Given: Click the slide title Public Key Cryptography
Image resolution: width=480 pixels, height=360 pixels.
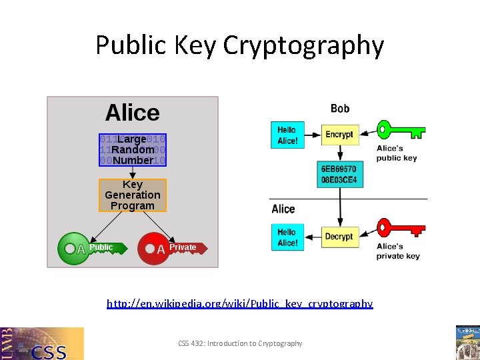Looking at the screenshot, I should pyautogui.click(x=239, y=45).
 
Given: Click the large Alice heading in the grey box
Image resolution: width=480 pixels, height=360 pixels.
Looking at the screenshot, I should pyautogui.click(x=132, y=113).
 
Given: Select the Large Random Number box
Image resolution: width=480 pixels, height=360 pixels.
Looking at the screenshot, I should pyautogui.click(x=132, y=149).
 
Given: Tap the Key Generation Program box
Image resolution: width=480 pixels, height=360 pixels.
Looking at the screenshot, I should pyautogui.click(x=132, y=195).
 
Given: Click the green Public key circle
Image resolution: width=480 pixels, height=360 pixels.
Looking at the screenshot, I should pyautogui.click(x=70, y=248).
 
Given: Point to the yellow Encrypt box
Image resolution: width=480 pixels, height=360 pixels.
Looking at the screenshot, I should pyautogui.click(x=339, y=135).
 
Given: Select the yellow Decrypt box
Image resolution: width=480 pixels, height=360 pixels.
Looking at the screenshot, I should pyautogui.click(x=339, y=237).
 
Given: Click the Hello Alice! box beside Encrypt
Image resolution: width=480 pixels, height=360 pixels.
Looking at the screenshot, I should pyautogui.click(x=287, y=135).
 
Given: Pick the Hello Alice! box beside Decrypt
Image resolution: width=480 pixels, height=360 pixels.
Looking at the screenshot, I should pyautogui.click(x=287, y=237).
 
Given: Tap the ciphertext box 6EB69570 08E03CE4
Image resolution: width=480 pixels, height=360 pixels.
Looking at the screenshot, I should pyautogui.click(x=339, y=175).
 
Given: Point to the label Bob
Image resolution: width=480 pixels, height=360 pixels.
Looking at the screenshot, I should pyautogui.click(x=340, y=108).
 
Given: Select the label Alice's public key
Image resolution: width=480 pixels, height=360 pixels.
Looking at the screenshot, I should pyautogui.click(x=397, y=153).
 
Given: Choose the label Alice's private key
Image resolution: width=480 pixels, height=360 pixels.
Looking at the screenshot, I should pyautogui.click(x=398, y=251).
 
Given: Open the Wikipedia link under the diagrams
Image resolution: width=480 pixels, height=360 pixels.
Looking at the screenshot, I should pyautogui.click(x=240, y=303).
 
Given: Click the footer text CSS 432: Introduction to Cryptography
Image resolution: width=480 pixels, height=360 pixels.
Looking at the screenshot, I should pyautogui.click(x=240, y=343).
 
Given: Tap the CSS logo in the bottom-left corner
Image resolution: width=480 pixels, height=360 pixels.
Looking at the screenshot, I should pyautogui.click(x=42, y=343).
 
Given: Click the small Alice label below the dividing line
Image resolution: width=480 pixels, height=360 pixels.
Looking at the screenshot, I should pyautogui.click(x=283, y=209).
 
